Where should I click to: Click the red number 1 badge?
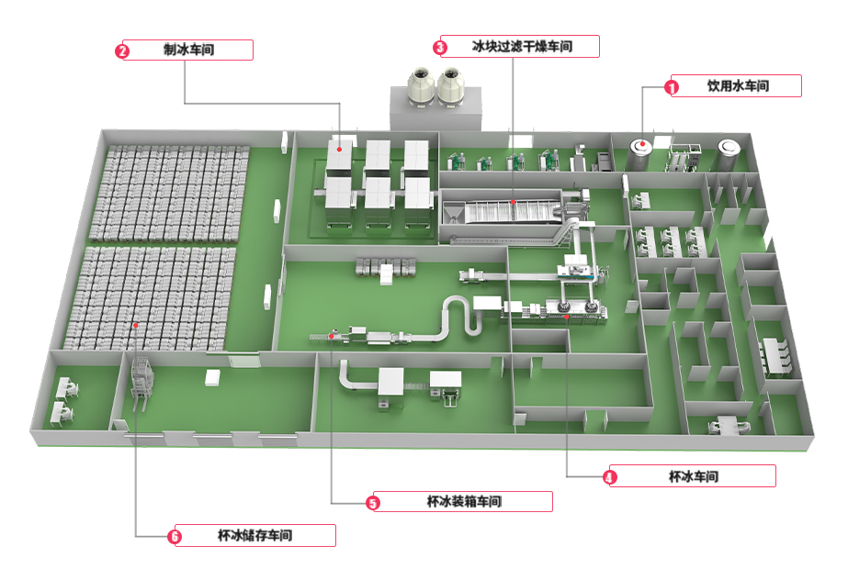click(672, 87)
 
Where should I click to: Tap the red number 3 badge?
click(440, 47)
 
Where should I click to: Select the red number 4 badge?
click(608, 476)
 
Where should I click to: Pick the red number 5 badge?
click(372, 502)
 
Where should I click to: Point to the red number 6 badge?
click(176, 536)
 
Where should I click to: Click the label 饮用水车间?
click(738, 86)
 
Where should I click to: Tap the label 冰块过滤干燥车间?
click(522, 46)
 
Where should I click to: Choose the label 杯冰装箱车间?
click(464, 501)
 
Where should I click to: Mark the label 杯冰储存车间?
click(254, 535)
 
